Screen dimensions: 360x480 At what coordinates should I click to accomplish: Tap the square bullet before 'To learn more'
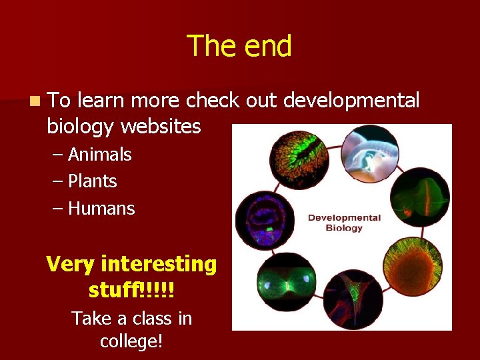[34, 101]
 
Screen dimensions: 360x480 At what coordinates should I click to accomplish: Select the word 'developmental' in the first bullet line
[351, 100]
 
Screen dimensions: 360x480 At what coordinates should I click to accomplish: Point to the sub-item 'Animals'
[99, 155]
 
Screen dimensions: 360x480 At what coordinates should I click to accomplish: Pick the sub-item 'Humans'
[101, 209]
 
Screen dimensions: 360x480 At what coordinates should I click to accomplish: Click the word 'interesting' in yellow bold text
[159, 264]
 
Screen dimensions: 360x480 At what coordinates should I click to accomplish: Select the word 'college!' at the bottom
[132, 341]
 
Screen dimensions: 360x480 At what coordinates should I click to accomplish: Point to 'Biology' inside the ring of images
[343, 228]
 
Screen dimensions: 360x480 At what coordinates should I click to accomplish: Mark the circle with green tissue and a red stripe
[420, 198]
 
